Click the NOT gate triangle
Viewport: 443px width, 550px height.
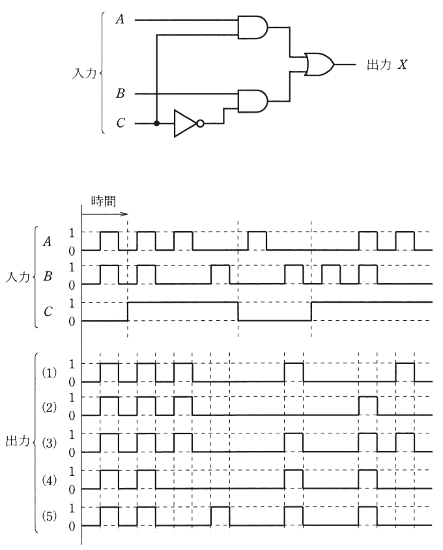pyautogui.click(x=185, y=124)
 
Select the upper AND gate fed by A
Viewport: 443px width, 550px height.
pyautogui.click(x=253, y=27)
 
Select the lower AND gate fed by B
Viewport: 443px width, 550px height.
pyautogui.click(x=253, y=101)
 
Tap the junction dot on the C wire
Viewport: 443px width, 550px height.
pyautogui.click(x=157, y=124)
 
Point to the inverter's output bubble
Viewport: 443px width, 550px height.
pyautogui.click(x=200, y=124)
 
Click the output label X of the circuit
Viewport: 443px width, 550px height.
pyautogui.click(x=402, y=64)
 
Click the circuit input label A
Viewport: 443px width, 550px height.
pyautogui.click(x=120, y=20)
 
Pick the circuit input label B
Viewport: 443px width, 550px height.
pyautogui.click(x=120, y=94)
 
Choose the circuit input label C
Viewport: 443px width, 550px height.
pyautogui.click(x=121, y=123)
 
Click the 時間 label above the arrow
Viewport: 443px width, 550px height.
pyautogui.click(x=103, y=201)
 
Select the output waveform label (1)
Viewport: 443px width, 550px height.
pyautogui.click(x=50, y=372)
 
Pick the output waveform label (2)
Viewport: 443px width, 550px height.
pyautogui.click(x=50, y=407)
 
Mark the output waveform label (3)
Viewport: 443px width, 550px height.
pyautogui.click(x=50, y=443)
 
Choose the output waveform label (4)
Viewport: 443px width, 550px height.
pyautogui.click(x=50, y=480)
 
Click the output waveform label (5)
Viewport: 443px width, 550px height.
pyautogui.click(x=50, y=516)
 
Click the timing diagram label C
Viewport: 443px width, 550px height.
pyautogui.click(x=48, y=311)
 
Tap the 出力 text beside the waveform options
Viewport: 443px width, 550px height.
pyautogui.click(x=18, y=441)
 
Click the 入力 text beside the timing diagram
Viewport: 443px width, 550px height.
pyautogui.click(x=18, y=277)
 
